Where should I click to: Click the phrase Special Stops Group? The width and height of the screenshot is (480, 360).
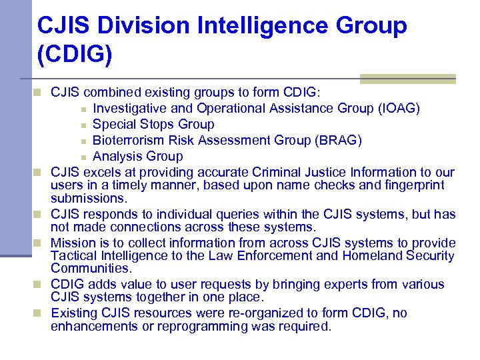click(153, 124)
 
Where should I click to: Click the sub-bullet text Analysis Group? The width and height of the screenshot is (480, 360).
click(137, 156)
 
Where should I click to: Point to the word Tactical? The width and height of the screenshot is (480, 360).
click(75, 255)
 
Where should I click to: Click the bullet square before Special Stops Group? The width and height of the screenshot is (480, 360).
click(83, 125)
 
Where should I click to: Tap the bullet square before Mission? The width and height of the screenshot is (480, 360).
click(42, 243)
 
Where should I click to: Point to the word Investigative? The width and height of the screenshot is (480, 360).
click(131, 108)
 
